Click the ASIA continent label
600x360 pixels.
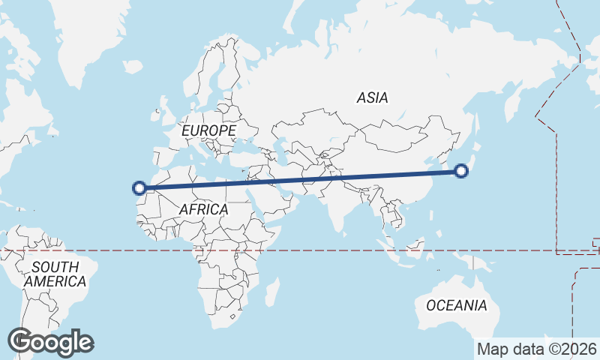[372, 97]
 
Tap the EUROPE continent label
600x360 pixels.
[208, 130]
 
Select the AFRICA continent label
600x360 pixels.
[203, 209]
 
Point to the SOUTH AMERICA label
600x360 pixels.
[55, 274]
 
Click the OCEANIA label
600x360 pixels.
[456, 305]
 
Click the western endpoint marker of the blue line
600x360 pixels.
[139, 187]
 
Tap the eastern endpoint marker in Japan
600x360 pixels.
[461, 172]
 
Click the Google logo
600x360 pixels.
[50, 342]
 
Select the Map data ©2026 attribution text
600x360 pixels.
[537, 349]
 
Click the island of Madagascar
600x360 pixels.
[273, 291]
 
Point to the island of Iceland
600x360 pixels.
[133, 67]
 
